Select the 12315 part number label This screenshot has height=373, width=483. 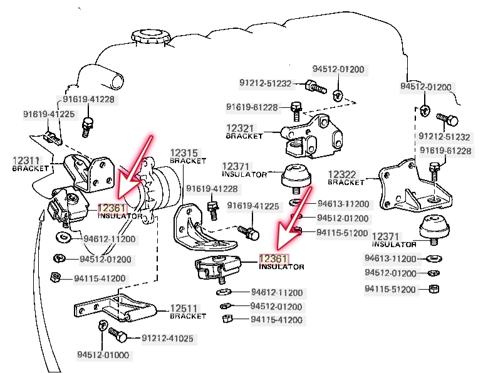(184, 152)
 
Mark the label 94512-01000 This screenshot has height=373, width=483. (103, 355)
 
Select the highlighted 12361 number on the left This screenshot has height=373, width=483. (112, 208)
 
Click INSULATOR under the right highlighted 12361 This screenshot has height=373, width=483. (281, 267)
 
